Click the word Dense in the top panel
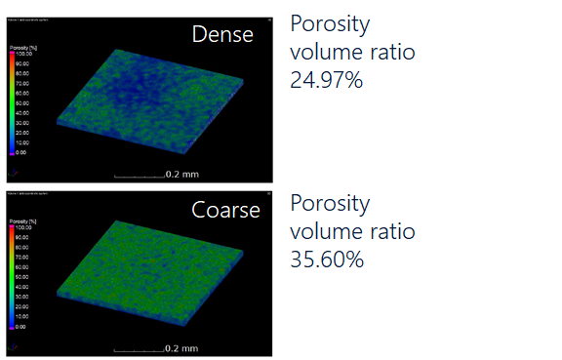(x=222, y=35)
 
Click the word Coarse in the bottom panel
(x=225, y=210)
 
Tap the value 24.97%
(x=326, y=80)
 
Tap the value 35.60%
(x=327, y=260)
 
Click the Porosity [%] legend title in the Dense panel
(x=23, y=45)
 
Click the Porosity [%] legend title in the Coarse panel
(x=23, y=220)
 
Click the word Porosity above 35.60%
(x=330, y=204)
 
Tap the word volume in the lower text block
(x=324, y=231)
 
